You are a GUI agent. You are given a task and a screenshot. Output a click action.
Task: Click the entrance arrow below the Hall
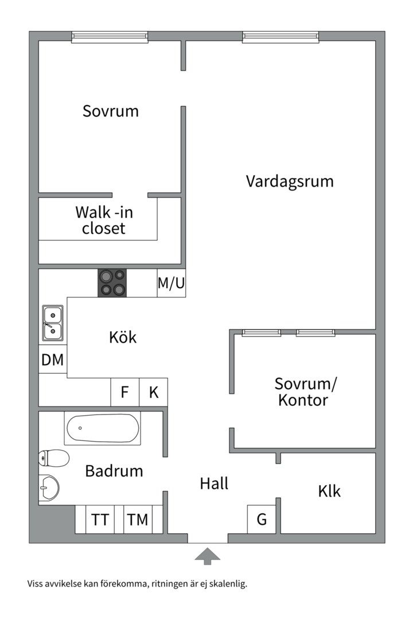click(208, 556)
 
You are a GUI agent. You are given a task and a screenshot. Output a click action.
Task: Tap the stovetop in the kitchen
click(112, 282)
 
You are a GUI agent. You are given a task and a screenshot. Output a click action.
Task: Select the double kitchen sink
click(53, 323)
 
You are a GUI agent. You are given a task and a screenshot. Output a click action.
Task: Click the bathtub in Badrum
click(102, 428)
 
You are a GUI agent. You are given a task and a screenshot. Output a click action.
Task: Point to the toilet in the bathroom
click(54, 458)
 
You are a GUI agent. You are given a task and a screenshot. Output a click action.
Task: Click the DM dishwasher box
click(53, 359)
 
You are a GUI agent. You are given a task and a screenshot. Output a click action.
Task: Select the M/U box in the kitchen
click(171, 282)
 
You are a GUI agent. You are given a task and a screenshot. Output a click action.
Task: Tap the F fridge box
click(125, 392)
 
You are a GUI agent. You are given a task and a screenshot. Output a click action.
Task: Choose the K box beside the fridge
click(153, 392)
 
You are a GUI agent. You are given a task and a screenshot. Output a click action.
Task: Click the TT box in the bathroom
click(100, 519)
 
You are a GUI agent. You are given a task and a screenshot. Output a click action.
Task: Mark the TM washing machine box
click(138, 519)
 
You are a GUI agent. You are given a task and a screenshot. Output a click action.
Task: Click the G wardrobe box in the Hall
click(262, 519)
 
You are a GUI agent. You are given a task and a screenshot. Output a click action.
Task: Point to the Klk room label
click(329, 491)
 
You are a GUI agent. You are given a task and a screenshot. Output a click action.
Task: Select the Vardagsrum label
click(290, 181)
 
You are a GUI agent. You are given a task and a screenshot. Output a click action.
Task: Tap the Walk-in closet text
click(104, 220)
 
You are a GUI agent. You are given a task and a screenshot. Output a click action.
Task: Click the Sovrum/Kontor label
click(306, 392)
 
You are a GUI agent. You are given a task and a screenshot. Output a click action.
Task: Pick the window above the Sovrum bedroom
click(110, 37)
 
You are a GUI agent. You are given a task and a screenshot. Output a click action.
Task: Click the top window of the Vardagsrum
click(280, 37)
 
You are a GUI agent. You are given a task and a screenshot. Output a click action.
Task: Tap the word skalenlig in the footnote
click(228, 584)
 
